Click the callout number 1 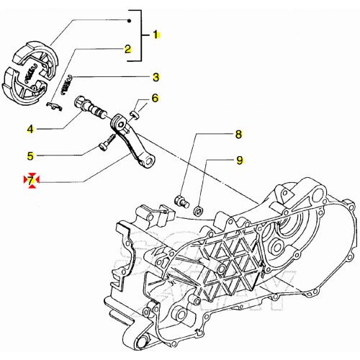click(156, 35)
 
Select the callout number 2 click(127, 49)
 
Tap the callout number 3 click(156, 77)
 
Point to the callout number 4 click(30, 130)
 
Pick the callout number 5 click(30, 156)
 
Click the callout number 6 click(156, 98)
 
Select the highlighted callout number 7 click(31, 181)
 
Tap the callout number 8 click(238, 135)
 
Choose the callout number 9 click(240, 161)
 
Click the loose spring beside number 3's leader click(66, 85)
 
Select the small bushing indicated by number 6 click(135, 114)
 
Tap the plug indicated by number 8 click(182, 201)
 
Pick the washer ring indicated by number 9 click(198, 210)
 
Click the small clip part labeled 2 click(54, 106)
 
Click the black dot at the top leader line click(129, 21)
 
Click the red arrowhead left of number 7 click(26, 179)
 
